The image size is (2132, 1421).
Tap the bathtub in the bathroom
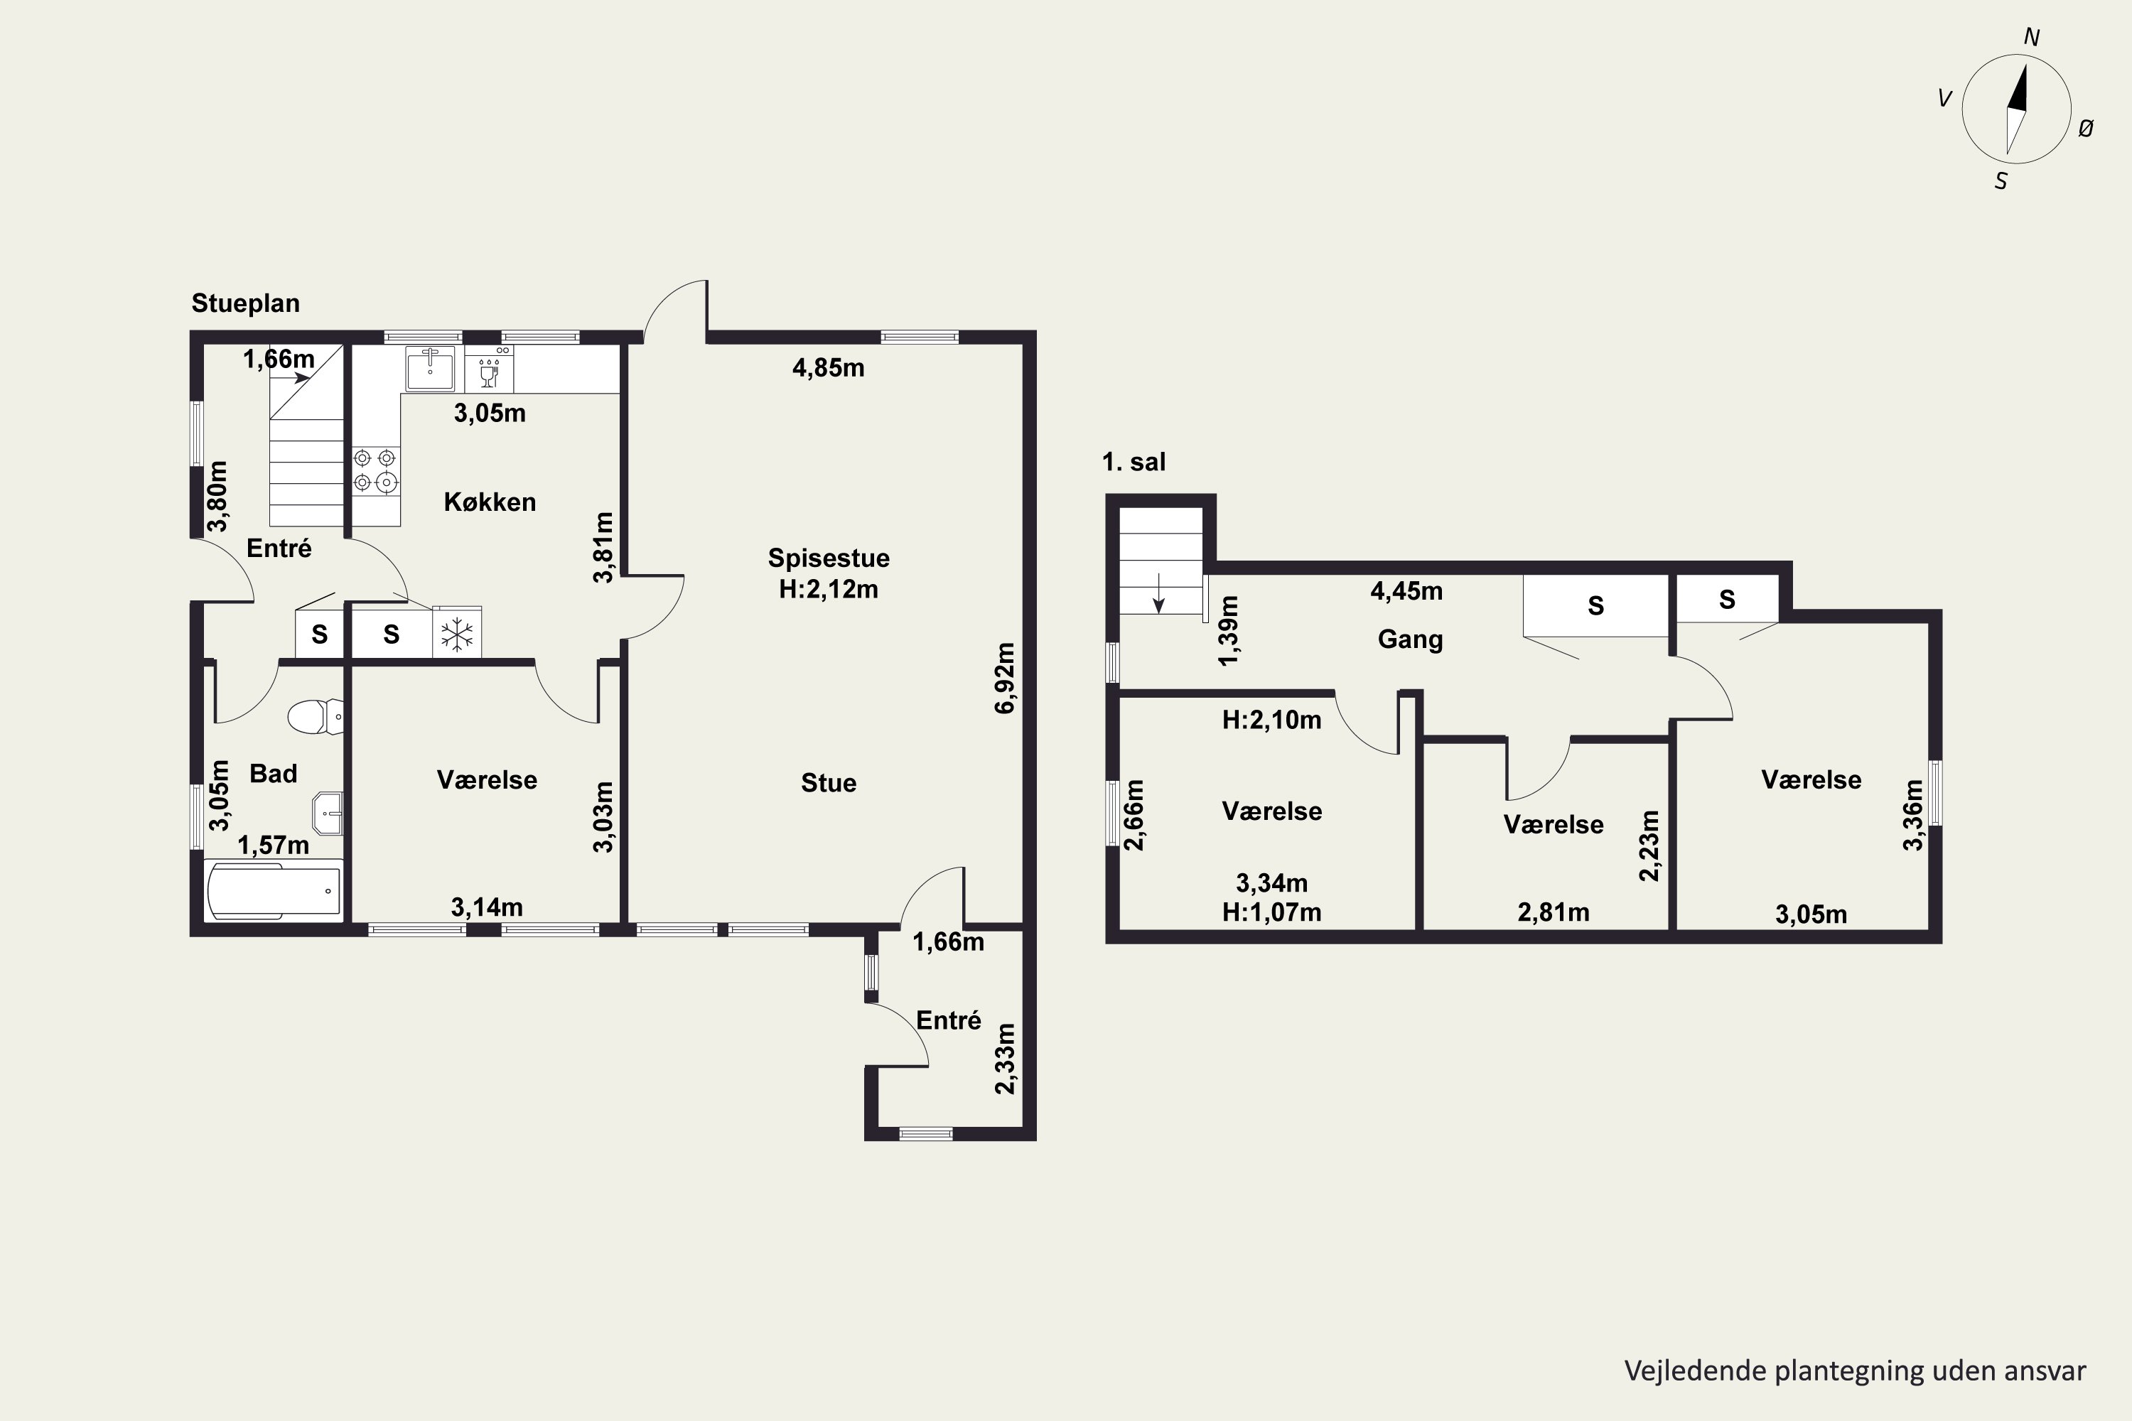coord(274,890)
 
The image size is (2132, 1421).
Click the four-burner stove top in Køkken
coord(376,471)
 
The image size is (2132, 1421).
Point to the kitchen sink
coord(430,368)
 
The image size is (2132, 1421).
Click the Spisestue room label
coord(829,557)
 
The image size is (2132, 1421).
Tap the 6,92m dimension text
coord(1006,678)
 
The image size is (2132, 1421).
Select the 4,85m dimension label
coord(829,368)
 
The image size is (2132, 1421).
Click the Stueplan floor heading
coord(246,303)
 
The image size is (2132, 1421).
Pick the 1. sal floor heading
coord(1134,463)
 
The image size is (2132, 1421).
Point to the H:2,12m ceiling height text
coord(829,589)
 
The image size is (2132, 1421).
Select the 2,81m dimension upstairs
coord(1554,912)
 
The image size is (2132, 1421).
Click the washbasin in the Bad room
coord(328,813)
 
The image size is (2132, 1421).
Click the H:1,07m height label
coord(1272,912)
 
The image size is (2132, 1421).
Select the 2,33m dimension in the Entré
coord(1006,1059)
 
